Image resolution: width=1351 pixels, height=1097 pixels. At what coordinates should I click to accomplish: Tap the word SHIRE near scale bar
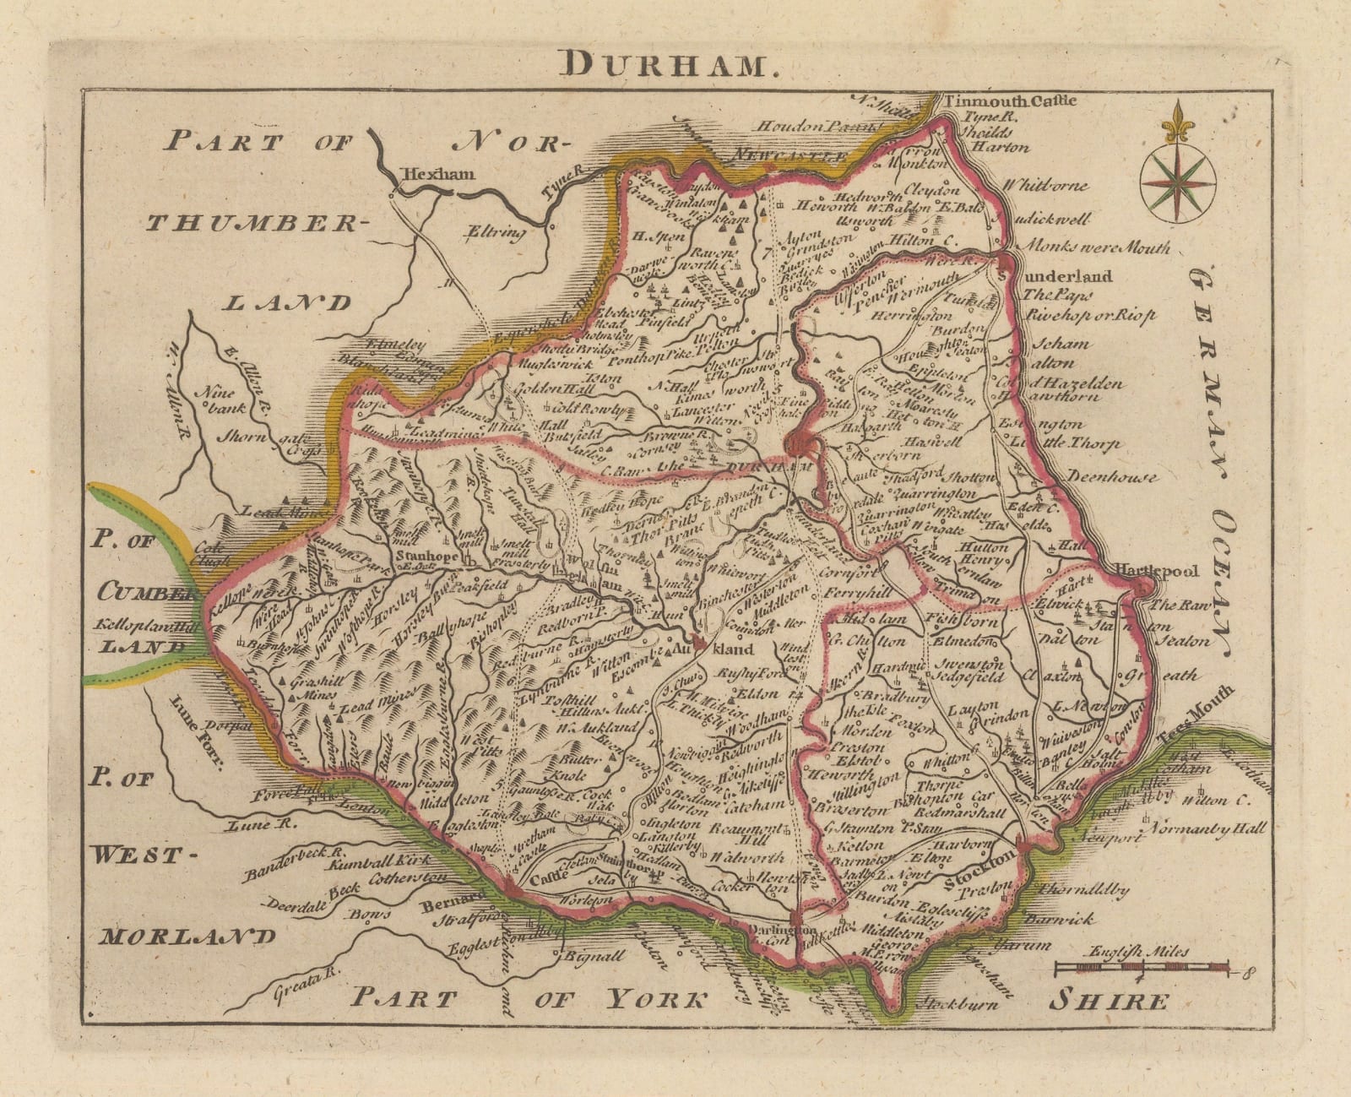(x=1109, y=1002)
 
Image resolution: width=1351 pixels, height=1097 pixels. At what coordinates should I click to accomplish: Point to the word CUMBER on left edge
(x=139, y=592)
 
